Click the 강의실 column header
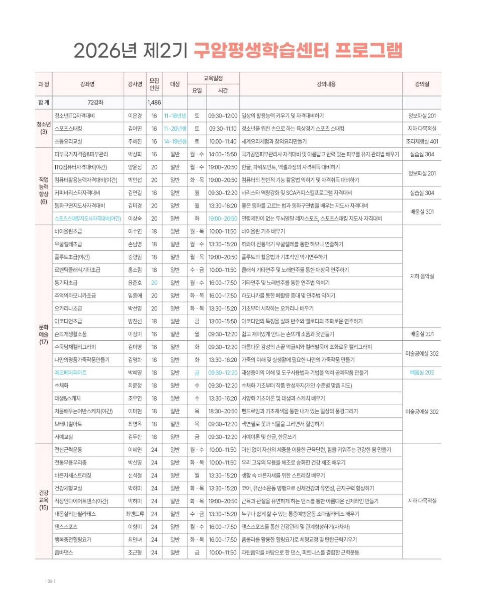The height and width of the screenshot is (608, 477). tap(422, 84)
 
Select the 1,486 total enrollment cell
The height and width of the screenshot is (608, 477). tap(154, 103)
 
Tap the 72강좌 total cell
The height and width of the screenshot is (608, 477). tap(95, 103)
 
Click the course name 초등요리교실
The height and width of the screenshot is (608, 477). tap(68, 141)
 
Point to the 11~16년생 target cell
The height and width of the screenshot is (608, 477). tap(175, 116)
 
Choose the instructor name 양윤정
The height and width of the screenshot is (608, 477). tap(135, 167)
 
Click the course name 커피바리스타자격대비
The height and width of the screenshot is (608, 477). tap(77, 193)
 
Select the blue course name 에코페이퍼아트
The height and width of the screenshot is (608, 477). tap(70, 373)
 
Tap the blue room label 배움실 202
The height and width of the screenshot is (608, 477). tap(422, 373)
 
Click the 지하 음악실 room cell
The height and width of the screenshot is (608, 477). tap(422, 276)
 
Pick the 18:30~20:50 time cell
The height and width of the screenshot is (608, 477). tap(223, 411)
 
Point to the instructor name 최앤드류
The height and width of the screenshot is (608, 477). tap(135, 514)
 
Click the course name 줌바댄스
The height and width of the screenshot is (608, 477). tap(64, 552)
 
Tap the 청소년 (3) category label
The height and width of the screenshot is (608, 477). tap(43, 128)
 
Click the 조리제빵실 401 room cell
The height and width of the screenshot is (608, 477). tap(422, 141)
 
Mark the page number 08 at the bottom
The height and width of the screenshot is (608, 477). tap(50, 581)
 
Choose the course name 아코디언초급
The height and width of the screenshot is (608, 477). tap(68, 321)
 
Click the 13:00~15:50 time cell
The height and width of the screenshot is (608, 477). tap(223, 321)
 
